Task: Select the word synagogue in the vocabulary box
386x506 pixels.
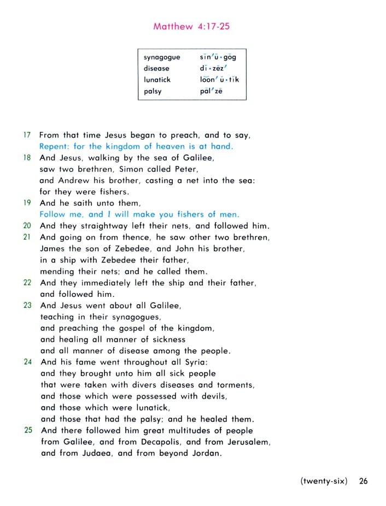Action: point(162,57)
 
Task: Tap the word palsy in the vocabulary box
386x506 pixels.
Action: point(153,91)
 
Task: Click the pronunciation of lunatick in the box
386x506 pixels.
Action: point(219,80)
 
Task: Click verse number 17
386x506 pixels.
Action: point(27,135)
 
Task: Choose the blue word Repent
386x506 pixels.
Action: point(52,146)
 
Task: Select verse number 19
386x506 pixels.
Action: point(27,203)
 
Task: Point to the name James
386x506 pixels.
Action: point(53,248)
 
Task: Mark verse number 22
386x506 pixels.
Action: point(27,283)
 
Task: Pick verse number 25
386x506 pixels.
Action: point(28,430)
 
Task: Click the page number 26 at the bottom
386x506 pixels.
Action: point(364,481)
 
